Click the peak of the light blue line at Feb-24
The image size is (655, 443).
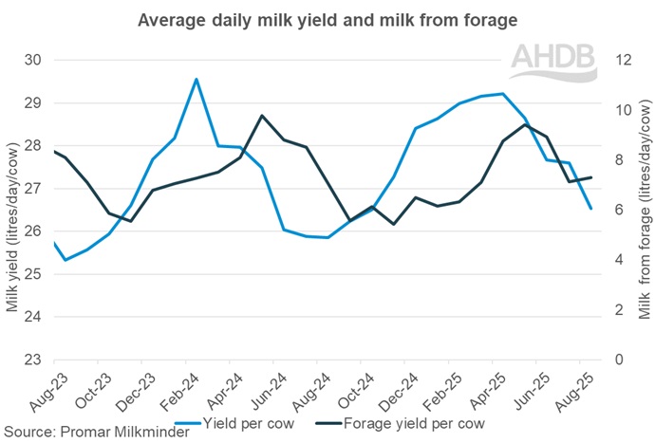196,80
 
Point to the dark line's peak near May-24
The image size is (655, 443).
262,116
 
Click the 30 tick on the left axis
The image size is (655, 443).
33,60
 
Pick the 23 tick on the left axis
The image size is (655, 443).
33,360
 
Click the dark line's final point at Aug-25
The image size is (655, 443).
591,177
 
